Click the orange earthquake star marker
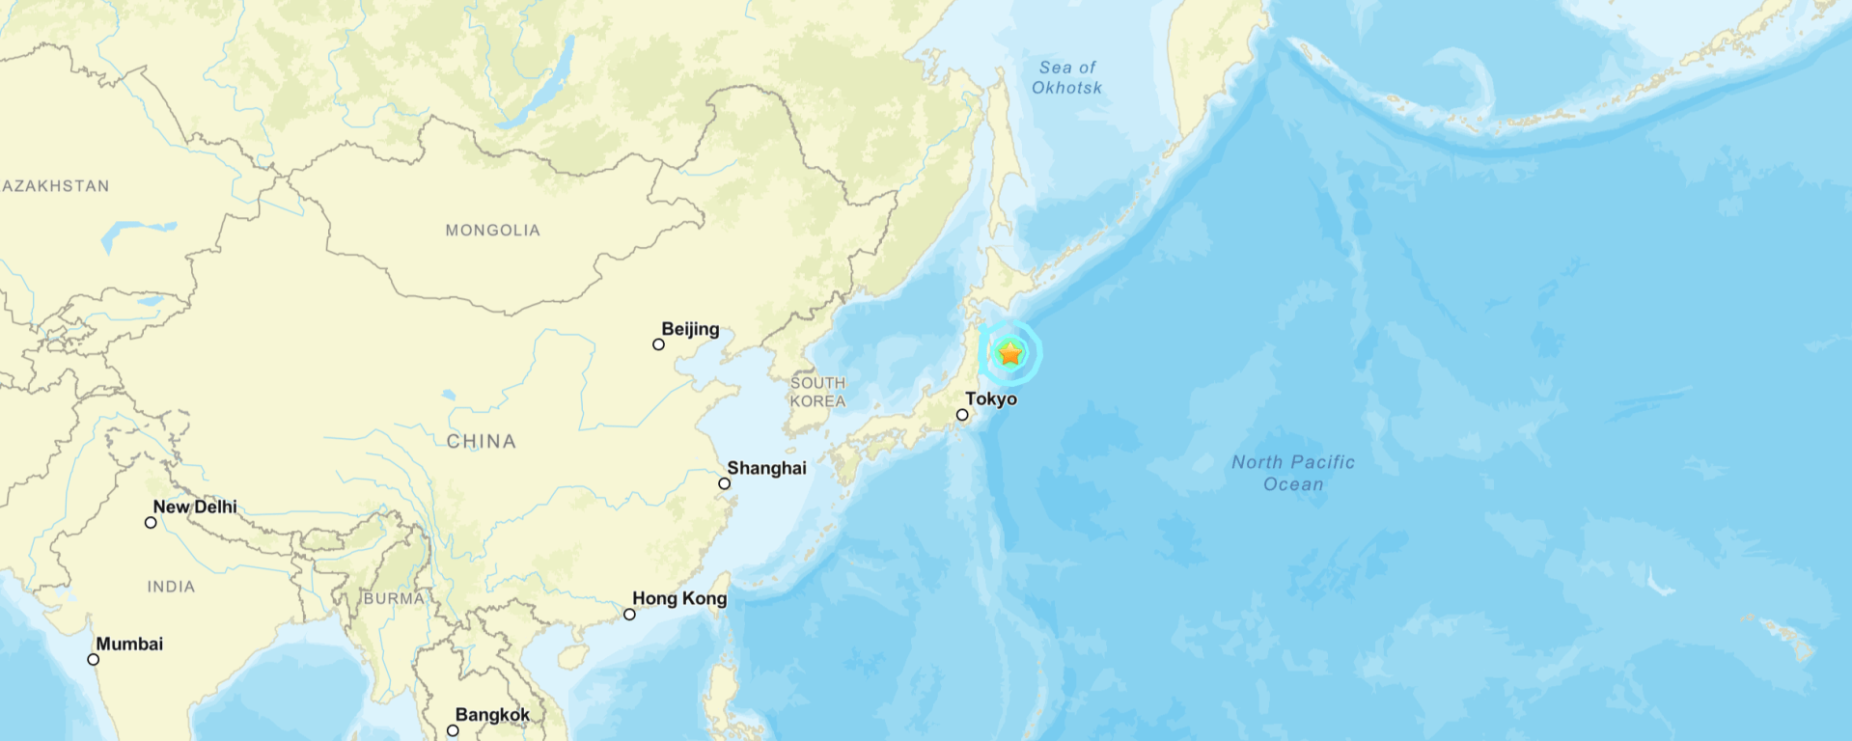coord(1010,353)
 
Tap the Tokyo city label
coord(991,398)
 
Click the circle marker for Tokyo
coord(962,415)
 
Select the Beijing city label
coord(690,329)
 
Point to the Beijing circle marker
coord(658,344)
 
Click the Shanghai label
coord(766,468)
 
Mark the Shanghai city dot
coord(724,483)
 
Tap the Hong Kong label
coord(679,598)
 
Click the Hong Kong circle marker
coord(629,615)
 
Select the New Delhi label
coord(195,507)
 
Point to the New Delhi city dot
coord(151,523)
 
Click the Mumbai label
coord(129,644)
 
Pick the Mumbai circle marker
coord(94,660)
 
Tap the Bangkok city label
coord(492,715)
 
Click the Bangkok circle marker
coord(453,730)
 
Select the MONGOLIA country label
coord(492,230)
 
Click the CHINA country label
coord(481,441)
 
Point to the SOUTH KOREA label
coord(817,392)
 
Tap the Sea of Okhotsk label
coord(1067,77)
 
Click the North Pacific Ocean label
coord(1293,473)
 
